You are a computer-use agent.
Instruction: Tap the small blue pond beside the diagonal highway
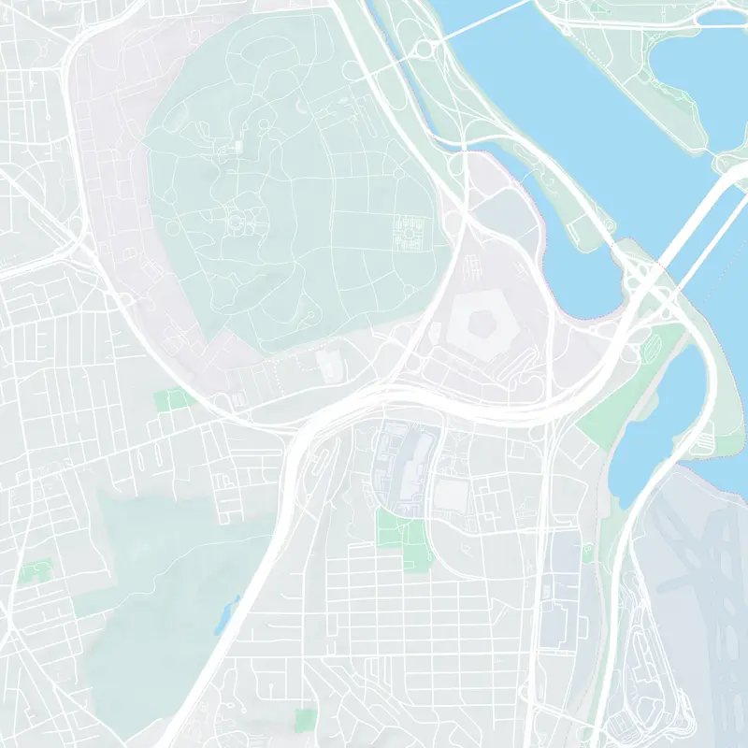pyautogui.click(x=226, y=612)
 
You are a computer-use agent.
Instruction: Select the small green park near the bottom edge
pyautogui.click(x=306, y=719)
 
